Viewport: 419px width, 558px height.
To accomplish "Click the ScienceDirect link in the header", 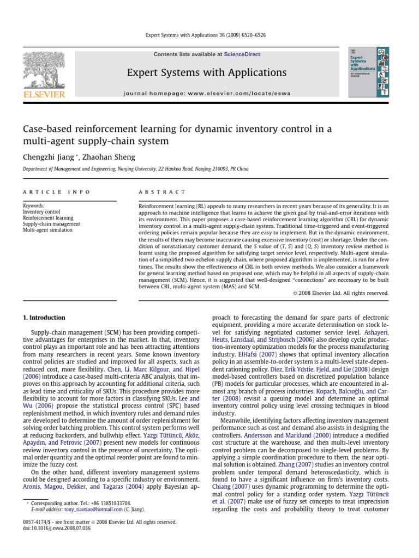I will click(x=244, y=54).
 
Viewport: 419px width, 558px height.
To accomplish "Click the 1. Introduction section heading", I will click(x=44, y=318).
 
